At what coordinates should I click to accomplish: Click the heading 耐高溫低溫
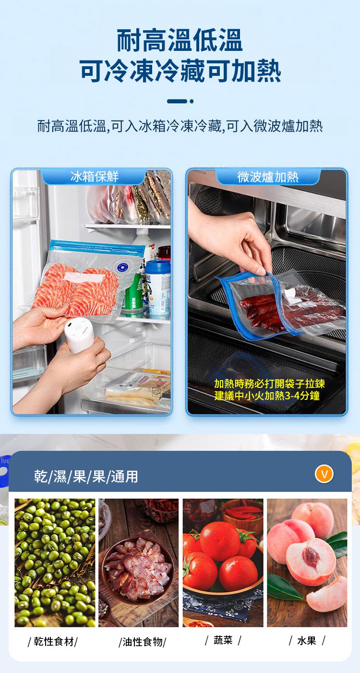180,40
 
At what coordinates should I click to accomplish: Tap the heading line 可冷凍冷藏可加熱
180,71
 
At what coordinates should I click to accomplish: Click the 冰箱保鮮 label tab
95,177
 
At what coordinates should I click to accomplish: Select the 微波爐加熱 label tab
268,177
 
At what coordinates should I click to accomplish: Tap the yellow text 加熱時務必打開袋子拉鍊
270,384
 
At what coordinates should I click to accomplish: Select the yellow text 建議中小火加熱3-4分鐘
267,396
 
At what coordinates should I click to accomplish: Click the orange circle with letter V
324,474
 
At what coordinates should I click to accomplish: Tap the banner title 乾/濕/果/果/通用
86,477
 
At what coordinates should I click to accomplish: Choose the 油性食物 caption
143,642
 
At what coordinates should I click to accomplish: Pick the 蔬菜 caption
223,640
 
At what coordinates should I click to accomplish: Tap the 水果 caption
307,641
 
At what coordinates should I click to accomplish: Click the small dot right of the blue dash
192,101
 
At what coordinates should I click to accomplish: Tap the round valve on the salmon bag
122,265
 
